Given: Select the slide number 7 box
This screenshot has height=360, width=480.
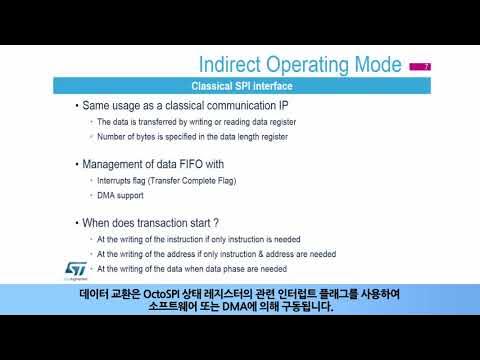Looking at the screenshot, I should tap(421, 66).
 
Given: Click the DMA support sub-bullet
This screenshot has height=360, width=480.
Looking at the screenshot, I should tap(122, 196).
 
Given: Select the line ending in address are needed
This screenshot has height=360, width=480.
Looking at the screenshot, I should tap(216, 254).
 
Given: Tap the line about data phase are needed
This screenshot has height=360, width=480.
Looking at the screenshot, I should tap(191, 268).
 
